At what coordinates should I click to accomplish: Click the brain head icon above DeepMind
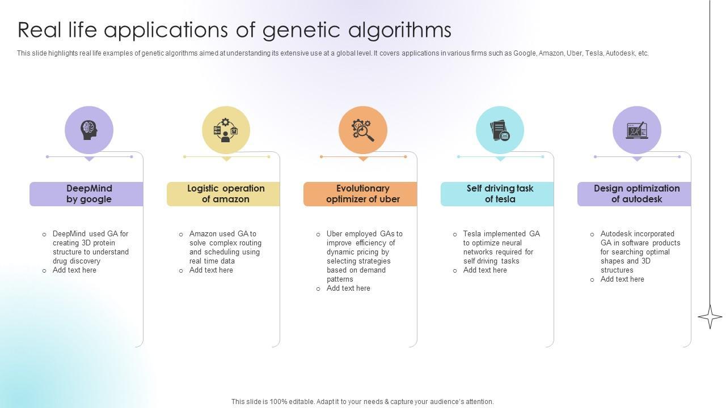click(x=89, y=130)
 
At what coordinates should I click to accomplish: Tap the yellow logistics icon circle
click(x=226, y=130)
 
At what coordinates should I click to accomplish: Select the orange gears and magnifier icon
click(x=363, y=130)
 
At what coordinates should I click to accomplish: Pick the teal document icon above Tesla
click(x=500, y=130)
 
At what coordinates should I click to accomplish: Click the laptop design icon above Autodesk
click(x=637, y=130)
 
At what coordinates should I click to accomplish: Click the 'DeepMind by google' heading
click(x=89, y=194)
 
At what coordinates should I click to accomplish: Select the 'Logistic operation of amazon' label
click(x=226, y=194)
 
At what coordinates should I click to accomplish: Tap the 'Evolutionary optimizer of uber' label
click(x=363, y=194)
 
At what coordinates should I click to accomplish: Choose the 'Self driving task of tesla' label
click(x=500, y=194)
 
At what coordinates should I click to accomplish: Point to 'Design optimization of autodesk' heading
click(x=636, y=194)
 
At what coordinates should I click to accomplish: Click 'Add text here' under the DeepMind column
click(x=74, y=270)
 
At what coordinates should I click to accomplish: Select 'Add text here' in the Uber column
click(x=348, y=288)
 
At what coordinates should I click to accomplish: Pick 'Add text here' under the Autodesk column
click(x=622, y=279)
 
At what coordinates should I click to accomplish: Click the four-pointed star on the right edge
click(x=710, y=316)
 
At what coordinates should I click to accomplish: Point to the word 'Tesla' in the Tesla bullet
click(x=473, y=234)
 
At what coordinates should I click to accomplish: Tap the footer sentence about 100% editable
click(x=362, y=401)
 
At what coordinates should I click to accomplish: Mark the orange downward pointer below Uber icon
click(x=363, y=159)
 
